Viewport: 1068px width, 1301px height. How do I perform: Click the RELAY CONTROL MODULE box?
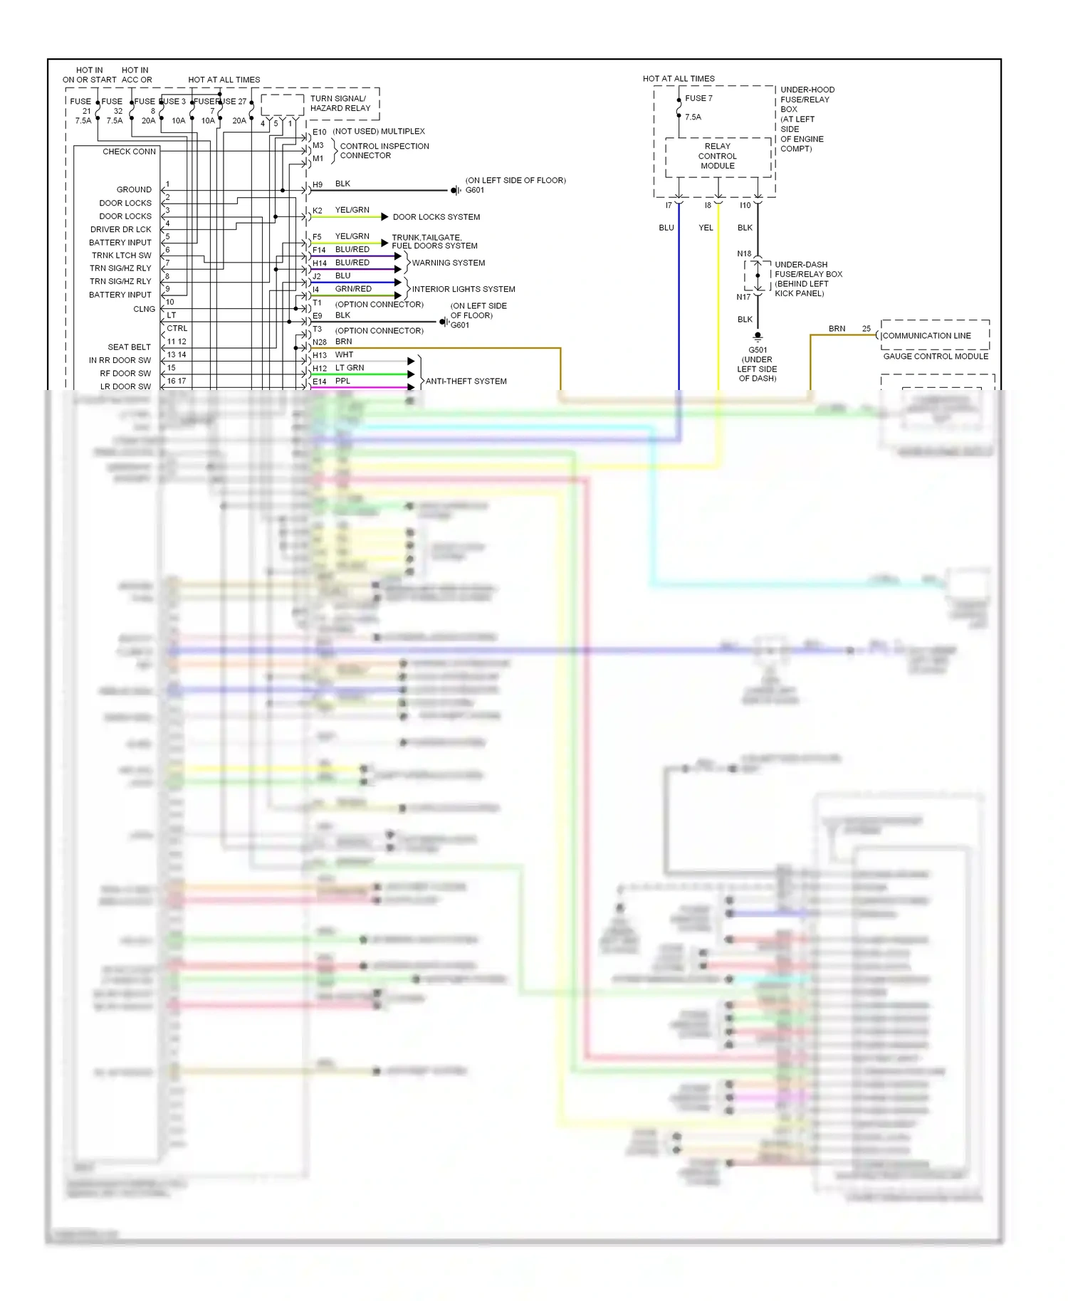pos(717,157)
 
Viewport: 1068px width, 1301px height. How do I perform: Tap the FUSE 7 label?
pos(698,98)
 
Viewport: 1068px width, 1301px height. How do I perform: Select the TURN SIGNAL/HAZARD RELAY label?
pos(340,103)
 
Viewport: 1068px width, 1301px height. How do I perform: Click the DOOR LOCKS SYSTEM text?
pos(436,217)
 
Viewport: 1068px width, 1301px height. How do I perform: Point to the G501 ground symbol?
pos(758,336)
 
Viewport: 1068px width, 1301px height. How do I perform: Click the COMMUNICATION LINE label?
pos(926,336)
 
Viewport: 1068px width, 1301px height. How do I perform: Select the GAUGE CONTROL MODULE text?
pos(935,357)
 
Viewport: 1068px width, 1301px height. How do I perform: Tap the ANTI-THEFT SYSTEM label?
pos(466,381)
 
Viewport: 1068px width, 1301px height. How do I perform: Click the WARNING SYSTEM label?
pos(448,263)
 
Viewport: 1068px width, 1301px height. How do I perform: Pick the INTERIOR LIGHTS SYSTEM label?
pos(463,290)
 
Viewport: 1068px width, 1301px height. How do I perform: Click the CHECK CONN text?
pos(129,152)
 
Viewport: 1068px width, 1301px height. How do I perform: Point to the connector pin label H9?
pos(318,184)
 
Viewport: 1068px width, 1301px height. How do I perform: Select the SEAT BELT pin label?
pos(130,347)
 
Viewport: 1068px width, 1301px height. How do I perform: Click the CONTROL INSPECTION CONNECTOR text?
pos(384,151)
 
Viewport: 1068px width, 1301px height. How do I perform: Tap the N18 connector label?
pos(743,254)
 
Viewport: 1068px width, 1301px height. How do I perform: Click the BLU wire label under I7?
pos(666,228)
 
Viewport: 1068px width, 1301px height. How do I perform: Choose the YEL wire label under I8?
pos(705,228)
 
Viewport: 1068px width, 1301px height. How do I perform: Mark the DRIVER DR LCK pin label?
pos(120,230)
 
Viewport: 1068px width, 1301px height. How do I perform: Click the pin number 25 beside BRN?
pos(866,329)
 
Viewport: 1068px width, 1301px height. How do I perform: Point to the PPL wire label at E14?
pos(342,381)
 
